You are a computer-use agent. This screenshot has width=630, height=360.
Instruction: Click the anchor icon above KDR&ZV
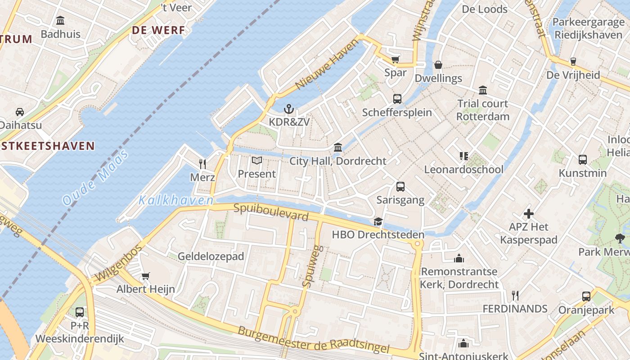[x=289, y=109]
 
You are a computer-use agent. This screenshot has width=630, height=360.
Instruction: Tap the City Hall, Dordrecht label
[x=337, y=161]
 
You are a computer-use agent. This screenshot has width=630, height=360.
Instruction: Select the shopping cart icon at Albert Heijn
[x=145, y=276]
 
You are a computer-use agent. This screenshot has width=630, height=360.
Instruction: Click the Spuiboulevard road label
[x=271, y=212]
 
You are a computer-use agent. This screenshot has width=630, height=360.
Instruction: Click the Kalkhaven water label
[x=176, y=200]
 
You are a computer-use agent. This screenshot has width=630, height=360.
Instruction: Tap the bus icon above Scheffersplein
[x=397, y=99]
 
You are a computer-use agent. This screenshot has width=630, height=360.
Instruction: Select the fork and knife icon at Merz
[x=202, y=164]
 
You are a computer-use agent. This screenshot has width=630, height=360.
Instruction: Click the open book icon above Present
[x=256, y=161]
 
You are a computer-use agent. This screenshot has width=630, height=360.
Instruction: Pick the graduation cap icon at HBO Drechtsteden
[x=378, y=222]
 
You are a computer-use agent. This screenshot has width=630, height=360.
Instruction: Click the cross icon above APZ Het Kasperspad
[x=529, y=214]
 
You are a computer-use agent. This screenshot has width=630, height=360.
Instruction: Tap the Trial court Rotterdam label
[x=483, y=110]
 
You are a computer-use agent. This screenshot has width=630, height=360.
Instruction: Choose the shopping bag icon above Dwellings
[x=438, y=65]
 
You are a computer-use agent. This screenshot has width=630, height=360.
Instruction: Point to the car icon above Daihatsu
[x=20, y=112]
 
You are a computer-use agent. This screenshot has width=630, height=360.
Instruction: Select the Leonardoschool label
[x=463, y=170]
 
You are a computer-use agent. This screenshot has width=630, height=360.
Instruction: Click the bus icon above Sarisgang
[x=400, y=187]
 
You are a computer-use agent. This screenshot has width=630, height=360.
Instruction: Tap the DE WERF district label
[x=158, y=30]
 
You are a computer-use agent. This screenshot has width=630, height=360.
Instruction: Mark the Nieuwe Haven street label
[x=328, y=64]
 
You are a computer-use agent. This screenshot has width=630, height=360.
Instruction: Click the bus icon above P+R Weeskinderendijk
[x=80, y=312]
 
